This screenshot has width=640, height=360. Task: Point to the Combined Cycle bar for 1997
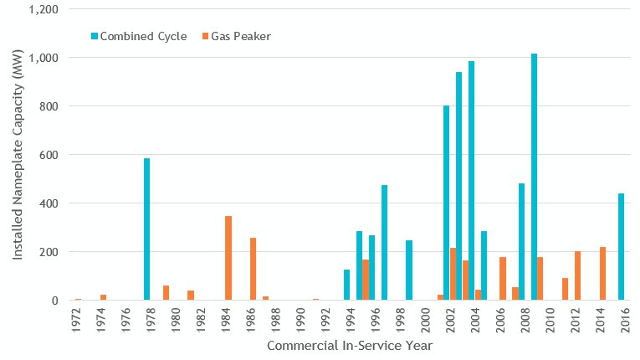click(x=384, y=243)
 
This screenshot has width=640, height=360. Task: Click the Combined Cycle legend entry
click(x=138, y=36)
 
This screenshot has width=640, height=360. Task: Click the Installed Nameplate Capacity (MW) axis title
click(x=18, y=154)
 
